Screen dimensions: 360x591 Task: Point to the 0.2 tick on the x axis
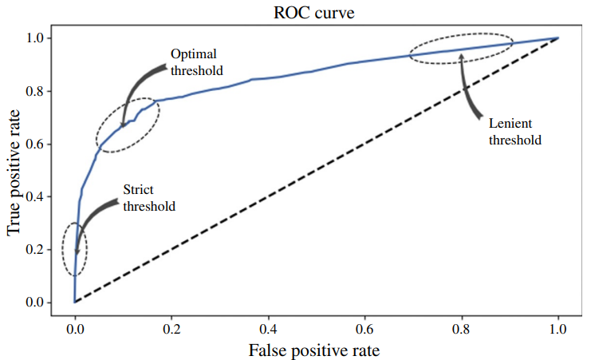click(171, 328)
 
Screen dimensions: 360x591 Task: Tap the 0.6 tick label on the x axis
click(364, 328)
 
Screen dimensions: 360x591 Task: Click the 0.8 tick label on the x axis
click(461, 328)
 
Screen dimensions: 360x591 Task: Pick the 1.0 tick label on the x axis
click(558, 328)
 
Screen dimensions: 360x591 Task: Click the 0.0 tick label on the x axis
click(74, 328)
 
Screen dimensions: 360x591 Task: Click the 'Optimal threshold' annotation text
click(196, 62)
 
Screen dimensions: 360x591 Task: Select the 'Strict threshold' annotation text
click(148, 197)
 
